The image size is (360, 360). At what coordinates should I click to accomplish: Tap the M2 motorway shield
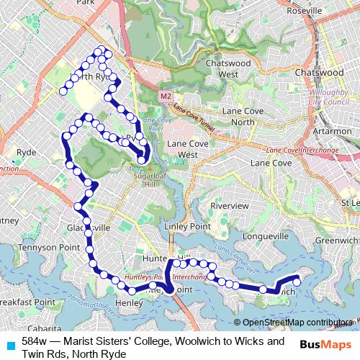[x=166, y=95]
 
